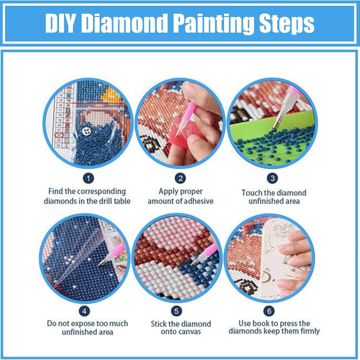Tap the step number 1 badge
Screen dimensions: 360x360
click(x=88, y=177)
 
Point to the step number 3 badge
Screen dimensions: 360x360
click(x=272, y=177)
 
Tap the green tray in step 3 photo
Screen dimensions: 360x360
click(x=265, y=130)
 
